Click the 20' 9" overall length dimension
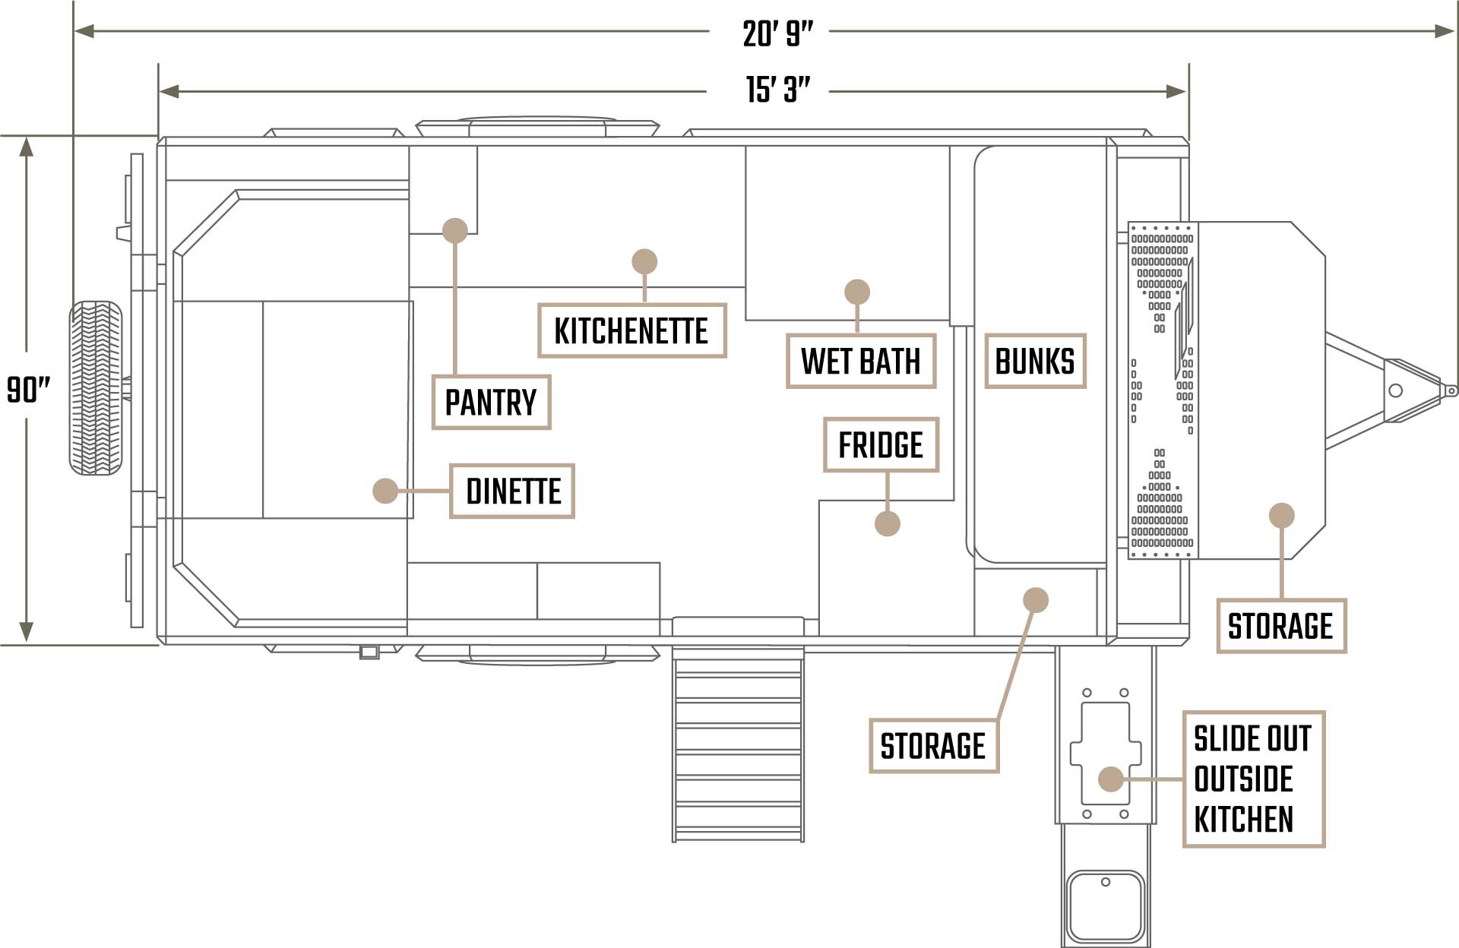coord(777,33)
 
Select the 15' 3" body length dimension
coord(777,90)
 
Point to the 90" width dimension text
coord(28,390)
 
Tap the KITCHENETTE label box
coord(631,330)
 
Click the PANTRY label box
coord(491,402)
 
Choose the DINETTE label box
coord(512,491)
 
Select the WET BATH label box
coord(860,361)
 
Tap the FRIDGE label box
coord(881,444)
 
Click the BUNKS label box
coord(1035,361)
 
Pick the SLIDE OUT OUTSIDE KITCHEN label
coord(1253,779)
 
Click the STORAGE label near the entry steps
coord(933,745)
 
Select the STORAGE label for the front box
coord(1280,625)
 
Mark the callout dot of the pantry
coord(454,230)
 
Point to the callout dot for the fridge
coord(887,523)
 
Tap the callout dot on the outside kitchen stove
coord(1111,779)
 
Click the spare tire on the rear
coord(96,388)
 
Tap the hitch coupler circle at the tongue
coord(1395,390)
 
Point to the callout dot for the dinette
coord(385,491)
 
